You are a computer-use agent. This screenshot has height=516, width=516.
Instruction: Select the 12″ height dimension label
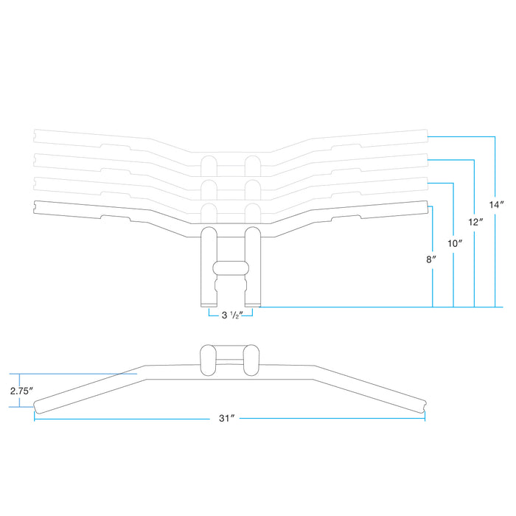click(476, 221)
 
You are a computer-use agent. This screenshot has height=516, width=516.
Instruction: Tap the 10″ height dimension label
click(455, 242)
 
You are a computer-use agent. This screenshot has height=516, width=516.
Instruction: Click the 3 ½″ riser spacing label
click(231, 315)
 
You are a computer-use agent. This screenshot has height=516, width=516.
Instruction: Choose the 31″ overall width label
click(227, 418)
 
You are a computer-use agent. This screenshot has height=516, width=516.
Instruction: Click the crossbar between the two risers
click(230, 268)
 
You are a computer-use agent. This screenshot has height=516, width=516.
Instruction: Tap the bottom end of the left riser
click(209, 303)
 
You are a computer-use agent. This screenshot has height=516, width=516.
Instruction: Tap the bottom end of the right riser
click(253, 303)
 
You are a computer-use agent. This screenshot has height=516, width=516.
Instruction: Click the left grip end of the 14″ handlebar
click(36, 135)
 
